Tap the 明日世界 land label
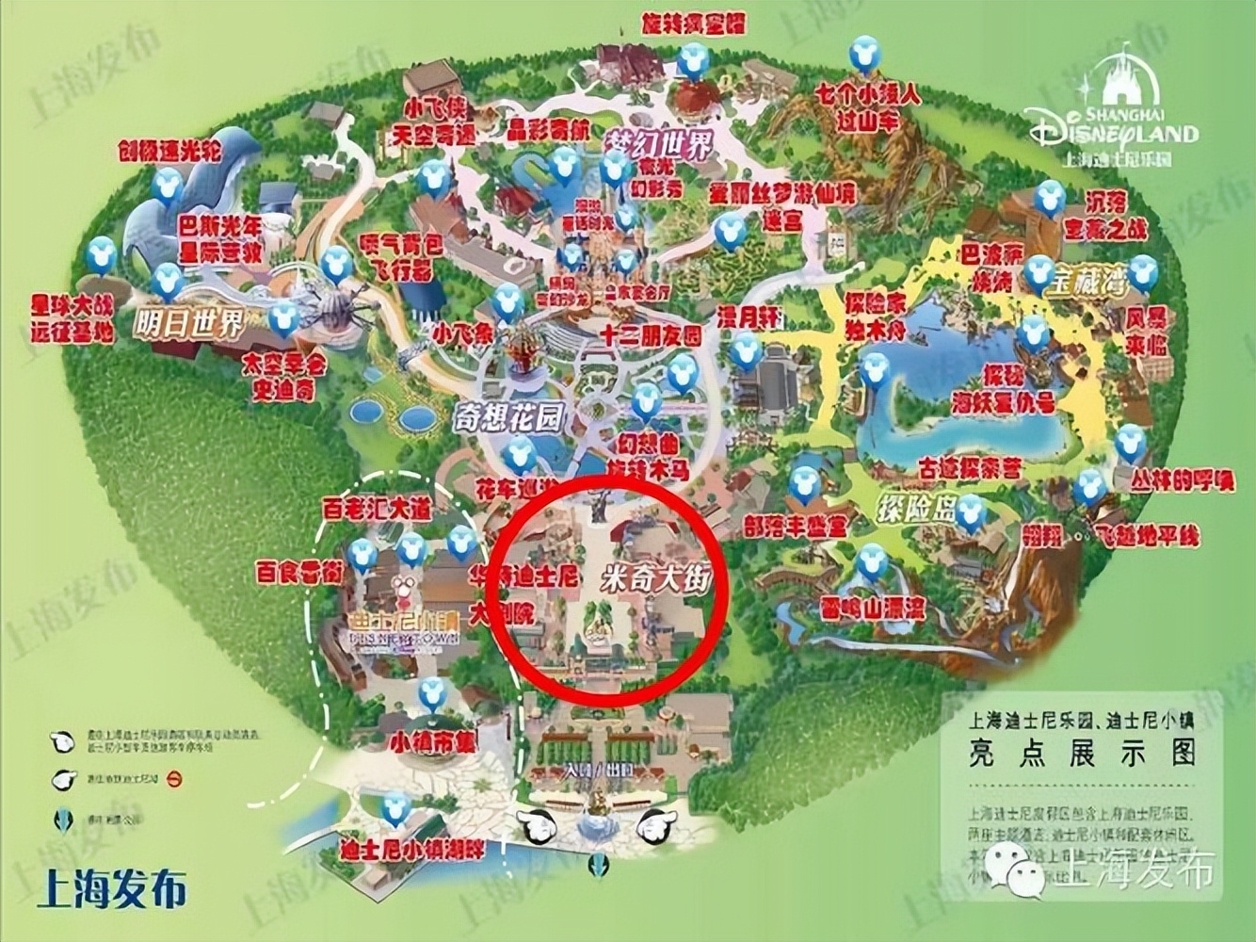tap(189, 323)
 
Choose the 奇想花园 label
tap(507, 418)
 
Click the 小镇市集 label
tap(434, 741)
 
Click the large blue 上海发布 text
tap(112, 888)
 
